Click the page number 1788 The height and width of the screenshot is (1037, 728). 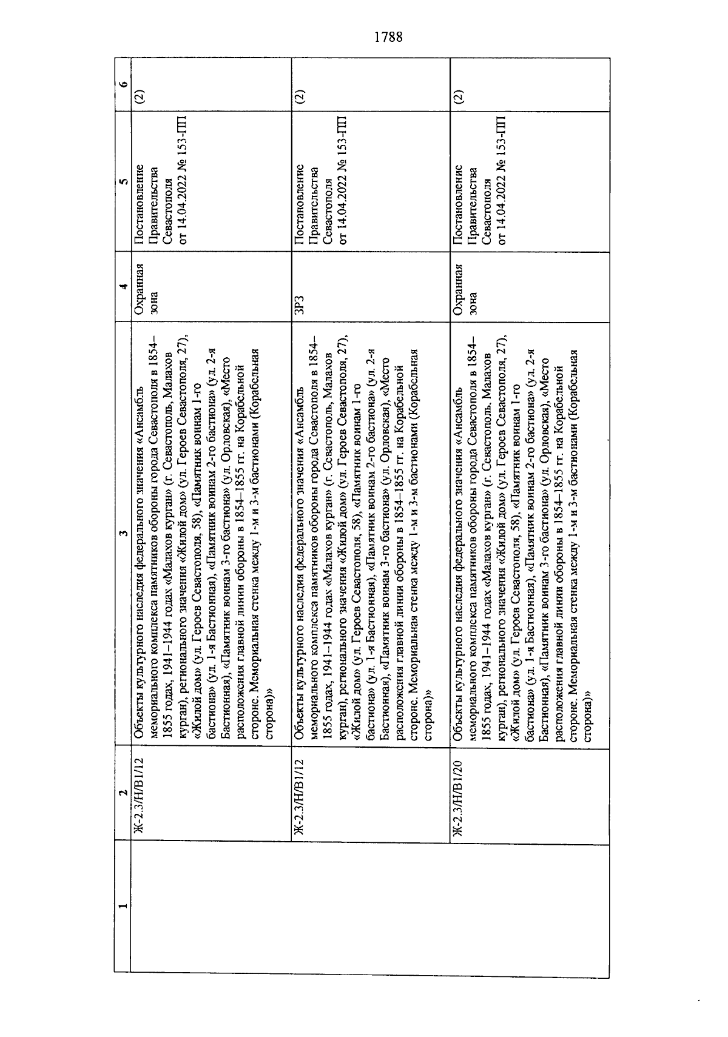(x=388, y=37)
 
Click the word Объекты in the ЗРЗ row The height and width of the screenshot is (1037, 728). (x=298, y=724)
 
